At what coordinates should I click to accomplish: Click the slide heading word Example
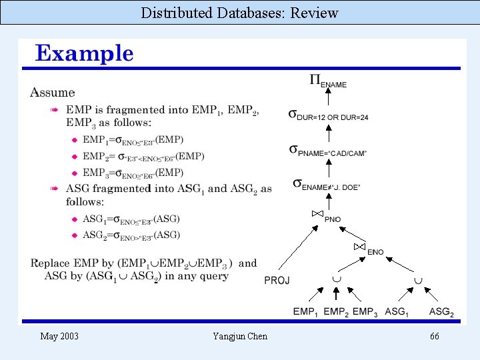(x=85, y=53)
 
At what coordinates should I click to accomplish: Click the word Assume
(x=52, y=93)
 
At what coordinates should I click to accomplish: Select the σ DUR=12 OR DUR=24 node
(x=328, y=115)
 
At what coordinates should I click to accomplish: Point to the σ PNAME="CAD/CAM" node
(x=328, y=150)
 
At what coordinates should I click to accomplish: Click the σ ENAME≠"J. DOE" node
(x=327, y=185)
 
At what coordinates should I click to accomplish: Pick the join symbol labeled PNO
(x=317, y=214)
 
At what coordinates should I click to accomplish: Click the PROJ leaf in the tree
(x=277, y=281)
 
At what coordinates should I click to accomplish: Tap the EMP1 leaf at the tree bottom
(x=305, y=311)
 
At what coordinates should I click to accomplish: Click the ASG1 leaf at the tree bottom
(x=397, y=311)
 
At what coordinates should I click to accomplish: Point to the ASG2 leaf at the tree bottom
(x=442, y=311)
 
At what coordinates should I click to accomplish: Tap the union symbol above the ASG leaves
(x=418, y=279)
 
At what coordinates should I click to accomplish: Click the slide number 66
(x=434, y=336)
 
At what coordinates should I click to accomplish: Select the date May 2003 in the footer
(x=59, y=336)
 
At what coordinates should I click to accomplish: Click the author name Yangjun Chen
(x=240, y=336)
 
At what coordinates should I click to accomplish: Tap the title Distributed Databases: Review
(x=240, y=13)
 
